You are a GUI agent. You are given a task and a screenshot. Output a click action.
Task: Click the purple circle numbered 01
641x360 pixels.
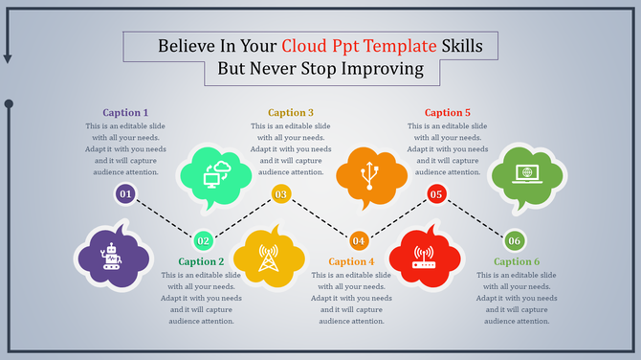click(x=125, y=195)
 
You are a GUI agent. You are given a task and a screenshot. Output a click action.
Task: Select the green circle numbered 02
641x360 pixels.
click(x=203, y=240)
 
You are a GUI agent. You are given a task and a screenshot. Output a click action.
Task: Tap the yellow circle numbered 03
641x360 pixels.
click(x=280, y=195)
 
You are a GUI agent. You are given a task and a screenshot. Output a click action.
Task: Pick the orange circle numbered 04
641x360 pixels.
click(x=359, y=240)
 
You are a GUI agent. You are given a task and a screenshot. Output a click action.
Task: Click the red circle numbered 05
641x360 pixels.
click(x=436, y=195)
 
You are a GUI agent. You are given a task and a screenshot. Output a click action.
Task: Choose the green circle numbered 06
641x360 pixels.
click(x=514, y=240)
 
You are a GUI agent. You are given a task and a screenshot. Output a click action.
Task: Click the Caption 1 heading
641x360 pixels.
click(x=124, y=112)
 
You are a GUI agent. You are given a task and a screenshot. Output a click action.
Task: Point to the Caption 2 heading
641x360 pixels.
click(x=201, y=261)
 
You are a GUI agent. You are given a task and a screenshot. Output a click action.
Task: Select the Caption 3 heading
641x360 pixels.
click(x=291, y=112)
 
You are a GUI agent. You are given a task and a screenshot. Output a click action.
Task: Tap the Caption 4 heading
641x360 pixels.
click(x=351, y=261)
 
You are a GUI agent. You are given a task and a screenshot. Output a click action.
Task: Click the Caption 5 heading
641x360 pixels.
click(x=448, y=112)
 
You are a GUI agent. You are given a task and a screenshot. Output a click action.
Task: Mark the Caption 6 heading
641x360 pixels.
click(x=518, y=261)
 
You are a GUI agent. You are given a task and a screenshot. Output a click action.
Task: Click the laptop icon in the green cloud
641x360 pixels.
click(x=524, y=173)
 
